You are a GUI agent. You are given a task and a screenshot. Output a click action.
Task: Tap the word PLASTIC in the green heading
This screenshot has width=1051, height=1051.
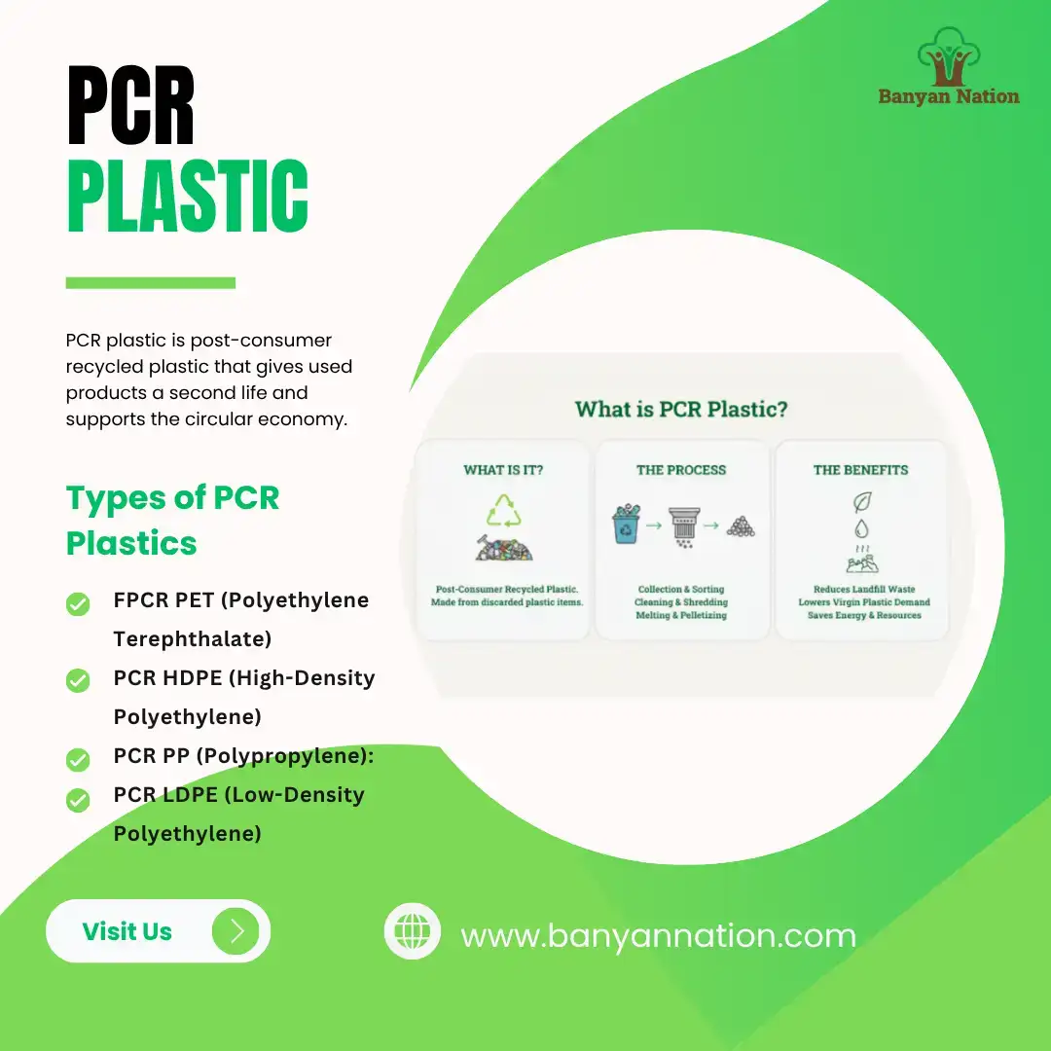[187, 197]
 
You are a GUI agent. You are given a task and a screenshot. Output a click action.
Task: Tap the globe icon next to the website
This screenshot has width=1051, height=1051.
[413, 931]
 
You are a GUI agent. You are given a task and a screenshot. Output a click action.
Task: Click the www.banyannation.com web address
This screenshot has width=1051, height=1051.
[658, 936]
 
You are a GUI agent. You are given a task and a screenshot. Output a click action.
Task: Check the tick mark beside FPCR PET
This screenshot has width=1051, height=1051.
[78, 604]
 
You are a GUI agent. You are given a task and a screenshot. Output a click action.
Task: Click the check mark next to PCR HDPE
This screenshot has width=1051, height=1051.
[78, 681]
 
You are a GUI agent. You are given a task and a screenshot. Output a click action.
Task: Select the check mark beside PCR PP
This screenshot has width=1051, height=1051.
[78, 759]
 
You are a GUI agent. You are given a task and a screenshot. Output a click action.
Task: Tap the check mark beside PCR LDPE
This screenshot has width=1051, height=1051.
[78, 800]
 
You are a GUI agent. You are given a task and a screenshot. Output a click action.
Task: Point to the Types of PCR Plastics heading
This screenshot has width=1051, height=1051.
[173, 520]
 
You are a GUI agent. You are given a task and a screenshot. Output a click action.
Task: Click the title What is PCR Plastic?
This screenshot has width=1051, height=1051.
[681, 409]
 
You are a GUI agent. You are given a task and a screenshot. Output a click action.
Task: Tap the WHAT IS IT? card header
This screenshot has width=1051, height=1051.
[503, 470]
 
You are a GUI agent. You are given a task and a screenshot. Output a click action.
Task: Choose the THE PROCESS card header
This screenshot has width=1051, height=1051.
[681, 470]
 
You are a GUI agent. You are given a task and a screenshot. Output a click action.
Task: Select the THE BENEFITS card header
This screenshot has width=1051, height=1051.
[860, 470]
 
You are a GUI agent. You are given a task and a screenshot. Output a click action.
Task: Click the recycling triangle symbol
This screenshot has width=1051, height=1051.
[504, 511]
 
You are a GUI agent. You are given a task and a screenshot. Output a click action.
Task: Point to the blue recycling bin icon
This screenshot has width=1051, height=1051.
[625, 525]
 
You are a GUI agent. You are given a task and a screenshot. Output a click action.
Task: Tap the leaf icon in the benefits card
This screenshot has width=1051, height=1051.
[861, 502]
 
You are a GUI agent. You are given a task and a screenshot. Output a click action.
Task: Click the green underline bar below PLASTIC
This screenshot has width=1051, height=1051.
[151, 283]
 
